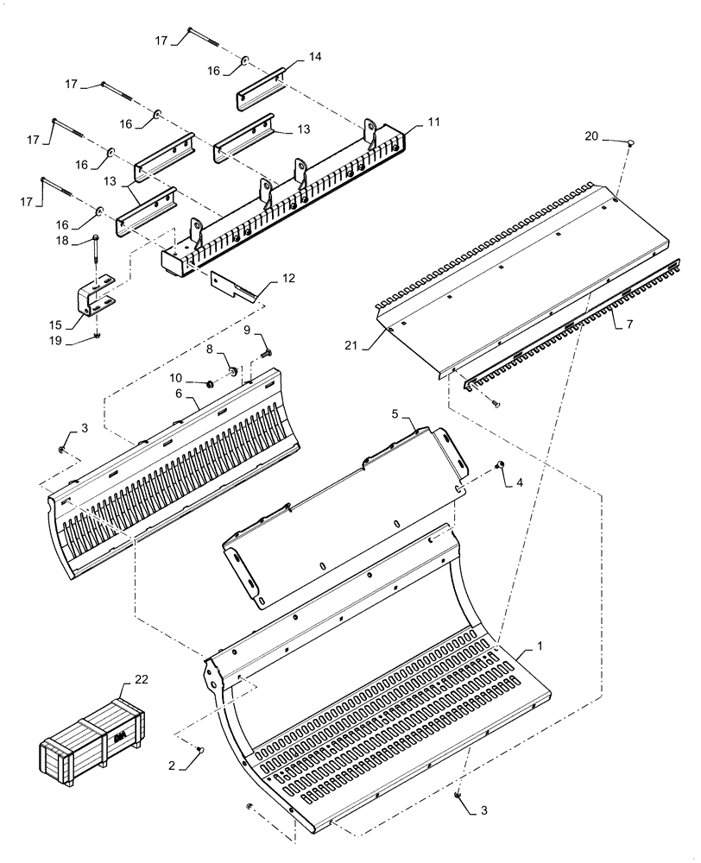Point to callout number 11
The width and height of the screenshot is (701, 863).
[x=433, y=123]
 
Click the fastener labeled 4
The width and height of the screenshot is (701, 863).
[x=498, y=466]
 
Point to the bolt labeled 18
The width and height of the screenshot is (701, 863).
[x=94, y=250]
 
